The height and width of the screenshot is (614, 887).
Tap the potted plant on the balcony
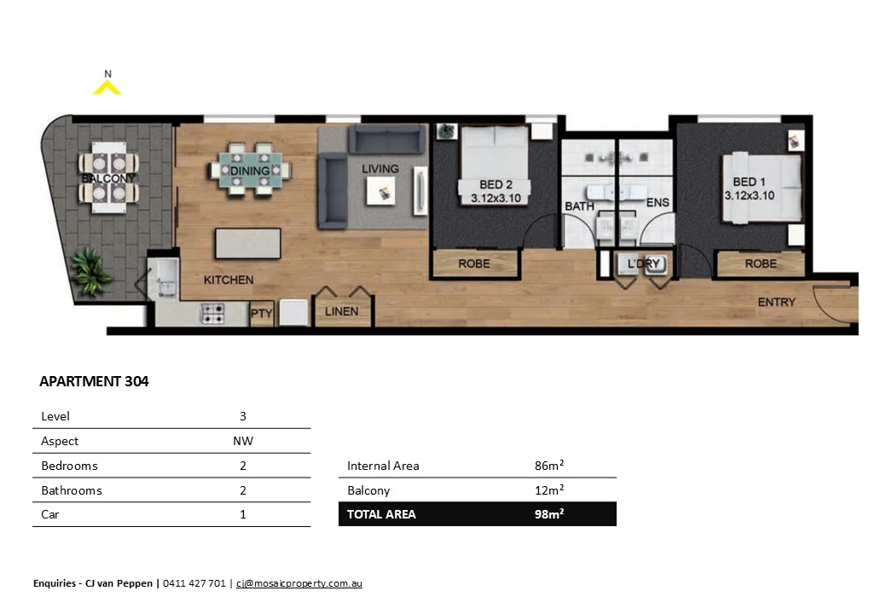point(91,271)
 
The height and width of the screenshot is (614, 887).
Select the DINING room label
point(250,171)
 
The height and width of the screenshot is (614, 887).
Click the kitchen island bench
point(248,243)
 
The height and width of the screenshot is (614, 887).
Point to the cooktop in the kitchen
point(212,314)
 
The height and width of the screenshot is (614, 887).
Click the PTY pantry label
point(261,313)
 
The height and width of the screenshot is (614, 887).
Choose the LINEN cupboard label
point(342,312)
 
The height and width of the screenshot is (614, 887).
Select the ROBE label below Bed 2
point(474,264)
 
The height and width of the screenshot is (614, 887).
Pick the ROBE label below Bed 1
point(761,264)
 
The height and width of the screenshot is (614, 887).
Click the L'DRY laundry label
point(644,264)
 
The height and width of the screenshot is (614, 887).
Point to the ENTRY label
point(776,303)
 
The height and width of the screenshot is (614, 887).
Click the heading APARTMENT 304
point(94,382)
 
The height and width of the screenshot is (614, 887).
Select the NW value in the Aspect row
point(242,441)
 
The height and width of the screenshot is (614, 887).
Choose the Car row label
point(49,515)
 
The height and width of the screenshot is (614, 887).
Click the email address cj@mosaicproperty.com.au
point(299,584)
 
